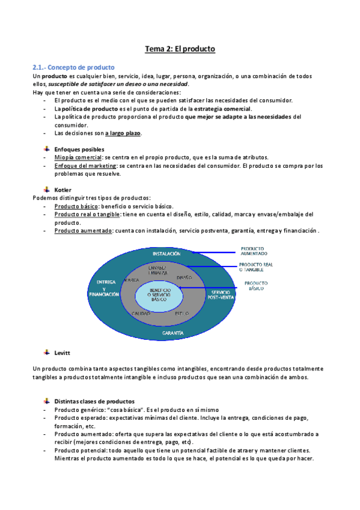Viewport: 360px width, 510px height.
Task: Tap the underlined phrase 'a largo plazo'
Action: [x=124, y=133]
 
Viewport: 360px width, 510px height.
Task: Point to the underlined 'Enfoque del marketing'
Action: [x=84, y=165]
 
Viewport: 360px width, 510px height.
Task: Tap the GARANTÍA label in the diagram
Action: [x=173, y=332]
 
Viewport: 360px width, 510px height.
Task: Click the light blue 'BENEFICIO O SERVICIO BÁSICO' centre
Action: [x=159, y=294]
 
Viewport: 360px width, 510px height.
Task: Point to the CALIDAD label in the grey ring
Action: [x=141, y=314]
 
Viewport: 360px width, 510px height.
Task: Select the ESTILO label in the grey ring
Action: [x=182, y=313]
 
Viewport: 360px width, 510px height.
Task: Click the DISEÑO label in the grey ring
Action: [x=185, y=277]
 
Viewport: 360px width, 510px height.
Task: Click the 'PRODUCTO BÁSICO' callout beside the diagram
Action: [x=260, y=285]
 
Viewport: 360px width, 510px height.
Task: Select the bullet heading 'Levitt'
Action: [x=62, y=352]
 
